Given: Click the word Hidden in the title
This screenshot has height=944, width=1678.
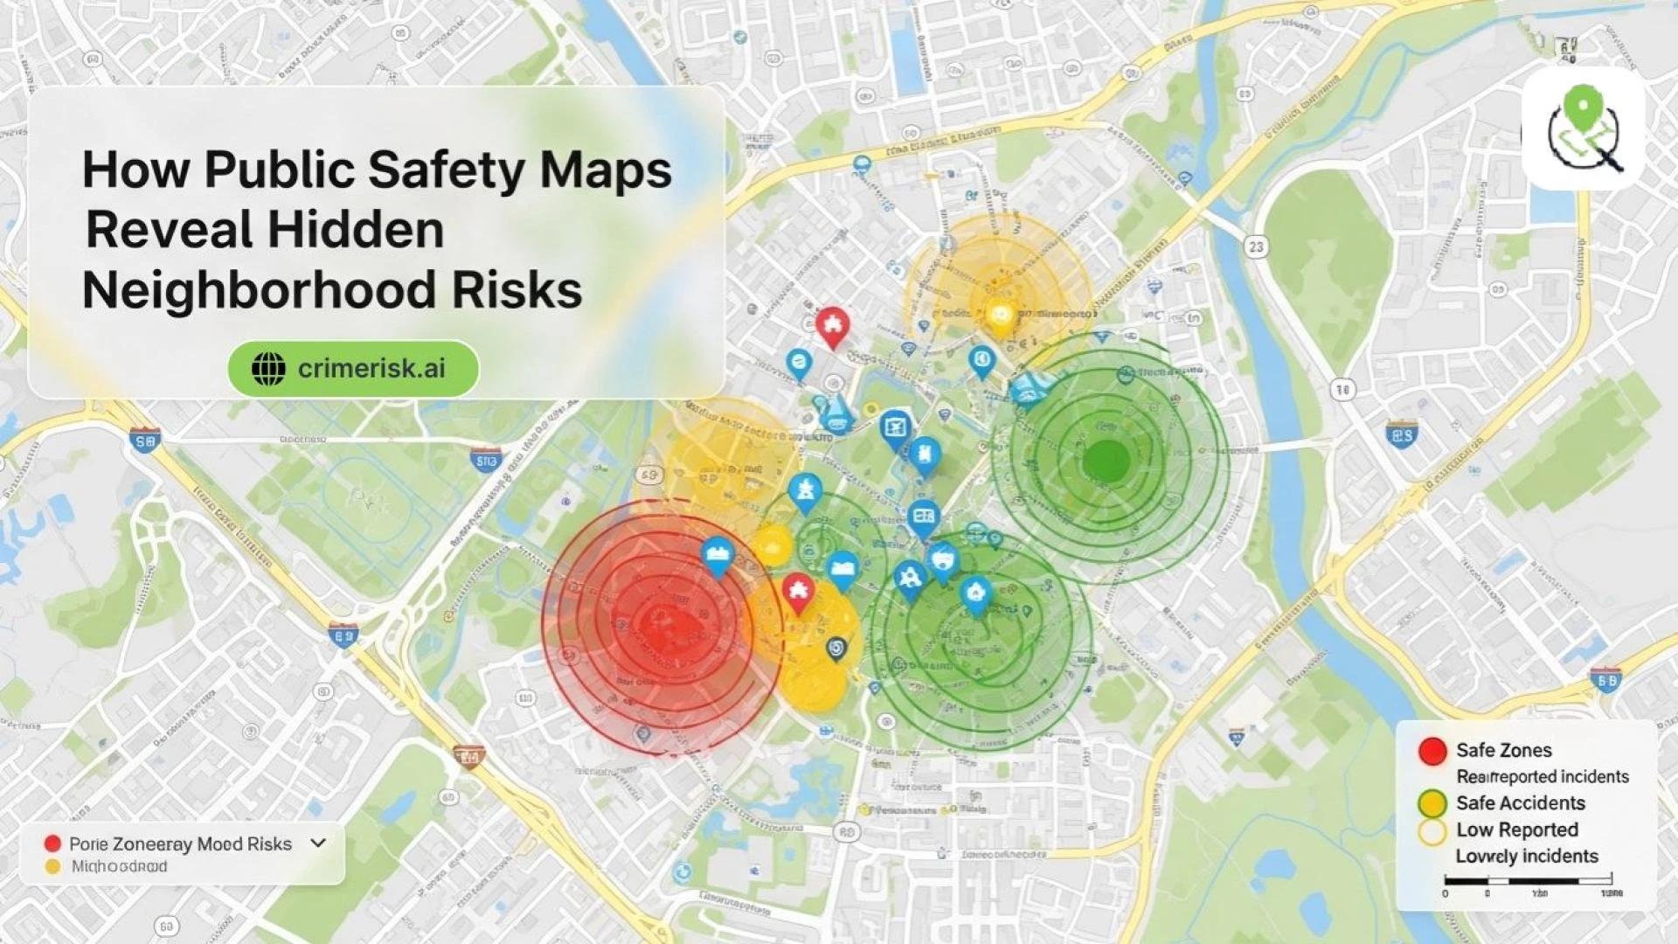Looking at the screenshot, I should (x=355, y=230).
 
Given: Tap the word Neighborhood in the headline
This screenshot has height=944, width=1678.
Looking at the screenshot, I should (x=259, y=290).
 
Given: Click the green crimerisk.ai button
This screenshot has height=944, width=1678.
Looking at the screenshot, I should (x=353, y=369).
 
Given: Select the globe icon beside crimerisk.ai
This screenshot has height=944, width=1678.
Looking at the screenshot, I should (x=268, y=369).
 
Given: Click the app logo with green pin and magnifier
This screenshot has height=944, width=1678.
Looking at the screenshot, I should (x=1584, y=129).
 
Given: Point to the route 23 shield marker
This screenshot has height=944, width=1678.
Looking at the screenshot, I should (x=1256, y=247).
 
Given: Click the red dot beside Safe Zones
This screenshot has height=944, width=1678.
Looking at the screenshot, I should (x=1432, y=751).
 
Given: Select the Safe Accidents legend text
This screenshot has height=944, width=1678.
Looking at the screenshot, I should (x=1520, y=803).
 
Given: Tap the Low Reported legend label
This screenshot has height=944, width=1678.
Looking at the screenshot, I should (x=1516, y=829).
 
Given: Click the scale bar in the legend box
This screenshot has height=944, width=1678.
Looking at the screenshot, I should (x=1528, y=880).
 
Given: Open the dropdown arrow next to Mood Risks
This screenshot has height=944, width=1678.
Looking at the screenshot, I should (x=318, y=843).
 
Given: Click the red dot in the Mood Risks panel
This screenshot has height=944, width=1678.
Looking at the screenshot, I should (x=52, y=843).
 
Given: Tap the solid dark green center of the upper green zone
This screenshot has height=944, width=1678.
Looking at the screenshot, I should (x=1106, y=461).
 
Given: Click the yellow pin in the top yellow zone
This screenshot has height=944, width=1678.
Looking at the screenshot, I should (x=1001, y=316).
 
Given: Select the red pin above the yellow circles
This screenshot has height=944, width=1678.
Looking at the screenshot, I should (x=797, y=593).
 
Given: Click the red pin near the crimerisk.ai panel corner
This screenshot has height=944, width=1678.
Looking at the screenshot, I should (x=832, y=326).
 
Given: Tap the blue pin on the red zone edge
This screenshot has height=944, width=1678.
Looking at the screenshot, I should (x=718, y=556).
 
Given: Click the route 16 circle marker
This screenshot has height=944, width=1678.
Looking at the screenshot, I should (x=1342, y=390).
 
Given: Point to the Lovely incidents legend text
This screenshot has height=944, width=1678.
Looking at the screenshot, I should (x=1526, y=857).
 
